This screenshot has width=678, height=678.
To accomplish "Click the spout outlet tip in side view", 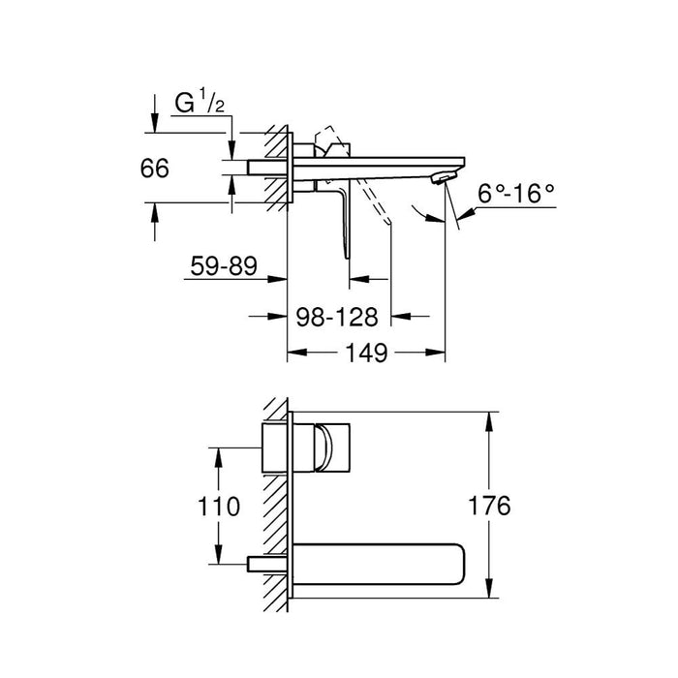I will coord(442,176).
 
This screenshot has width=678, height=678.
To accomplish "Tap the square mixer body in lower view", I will coord(279,447).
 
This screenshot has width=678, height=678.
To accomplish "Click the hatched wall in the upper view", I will coord(280,165).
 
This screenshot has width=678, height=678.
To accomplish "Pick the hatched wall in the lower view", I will coord(277,504).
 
